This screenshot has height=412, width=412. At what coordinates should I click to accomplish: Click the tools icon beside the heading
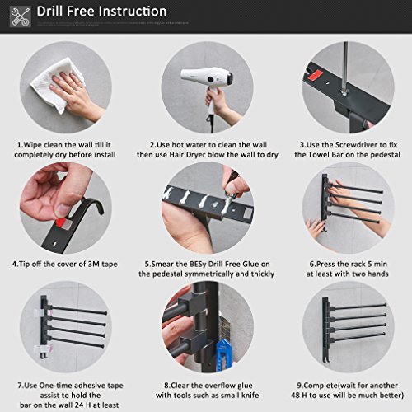(x=20, y=16)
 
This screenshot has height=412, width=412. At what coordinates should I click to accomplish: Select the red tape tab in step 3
(x=315, y=75)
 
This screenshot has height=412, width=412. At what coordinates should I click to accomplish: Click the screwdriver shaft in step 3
(x=345, y=66)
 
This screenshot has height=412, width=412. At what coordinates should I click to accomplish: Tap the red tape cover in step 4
(x=61, y=222)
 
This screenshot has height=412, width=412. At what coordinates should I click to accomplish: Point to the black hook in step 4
(x=91, y=204)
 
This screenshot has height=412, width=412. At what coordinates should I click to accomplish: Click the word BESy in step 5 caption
(x=198, y=265)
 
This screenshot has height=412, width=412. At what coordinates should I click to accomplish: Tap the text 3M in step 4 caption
(x=94, y=265)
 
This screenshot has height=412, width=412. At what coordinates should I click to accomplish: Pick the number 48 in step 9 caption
(x=295, y=396)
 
